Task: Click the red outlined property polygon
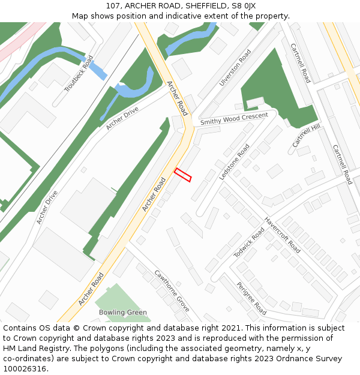[182, 175]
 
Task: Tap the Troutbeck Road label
[79, 74]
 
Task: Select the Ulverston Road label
[235, 68]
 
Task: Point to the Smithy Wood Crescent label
[234, 119]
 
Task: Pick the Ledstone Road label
[234, 162]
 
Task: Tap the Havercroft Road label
[282, 235]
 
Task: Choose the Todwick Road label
[249, 243]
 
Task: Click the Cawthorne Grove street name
[172, 290]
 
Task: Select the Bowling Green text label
[123, 313]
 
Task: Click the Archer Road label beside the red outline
[154, 194]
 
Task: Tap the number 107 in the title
[113, 6]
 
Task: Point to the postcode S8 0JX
[243, 6]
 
